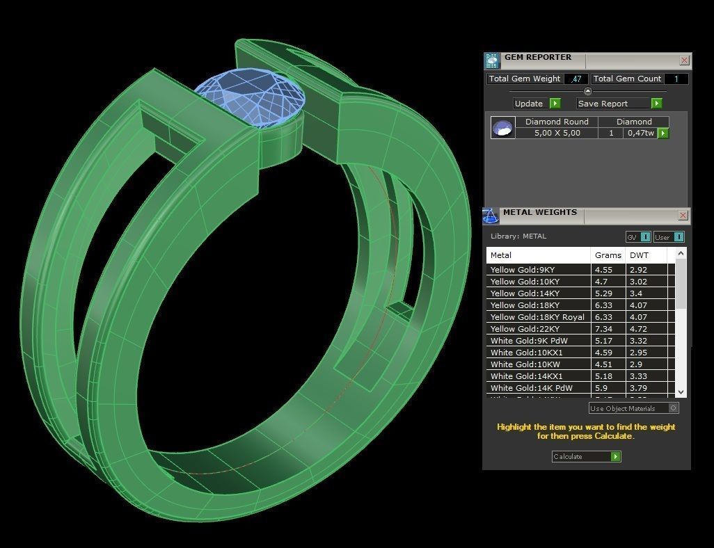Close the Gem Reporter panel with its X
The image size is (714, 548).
click(x=684, y=61)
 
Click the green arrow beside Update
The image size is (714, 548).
click(x=555, y=103)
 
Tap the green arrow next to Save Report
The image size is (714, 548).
click(x=656, y=103)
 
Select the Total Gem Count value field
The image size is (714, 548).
click(x=676, y=79)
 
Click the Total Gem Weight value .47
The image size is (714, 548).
click(x=576, y=79)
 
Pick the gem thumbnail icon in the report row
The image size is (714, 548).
click(x=502, y=127)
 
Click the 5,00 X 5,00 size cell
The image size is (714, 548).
click(x=557, y=133)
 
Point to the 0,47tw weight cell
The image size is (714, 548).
click(x=640, y=133)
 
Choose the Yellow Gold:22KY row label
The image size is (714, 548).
click(x=525, y=329)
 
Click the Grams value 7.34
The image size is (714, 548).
click(x=603, y=329)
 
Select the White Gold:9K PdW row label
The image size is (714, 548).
click(x=529, y=341)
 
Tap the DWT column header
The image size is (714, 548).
click(x=639, y=255)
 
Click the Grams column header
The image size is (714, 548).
click(x=608, y=255)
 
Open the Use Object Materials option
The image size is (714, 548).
click(x=633, y=408)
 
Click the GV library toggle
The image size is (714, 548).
click(x=638, y=237)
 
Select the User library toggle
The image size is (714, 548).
click(x=669, y=237)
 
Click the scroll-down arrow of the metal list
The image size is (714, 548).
click(x=681, y=392)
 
